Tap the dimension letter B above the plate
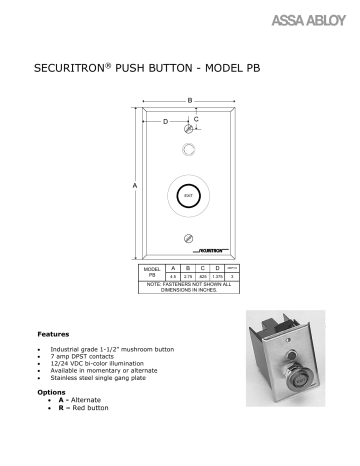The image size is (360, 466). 189,100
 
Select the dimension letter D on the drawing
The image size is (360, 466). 165,122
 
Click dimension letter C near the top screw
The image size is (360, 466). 195,119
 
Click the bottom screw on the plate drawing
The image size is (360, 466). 189,237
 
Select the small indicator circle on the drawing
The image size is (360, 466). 189,153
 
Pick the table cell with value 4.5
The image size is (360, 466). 174,276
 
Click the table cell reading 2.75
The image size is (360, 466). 187,276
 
